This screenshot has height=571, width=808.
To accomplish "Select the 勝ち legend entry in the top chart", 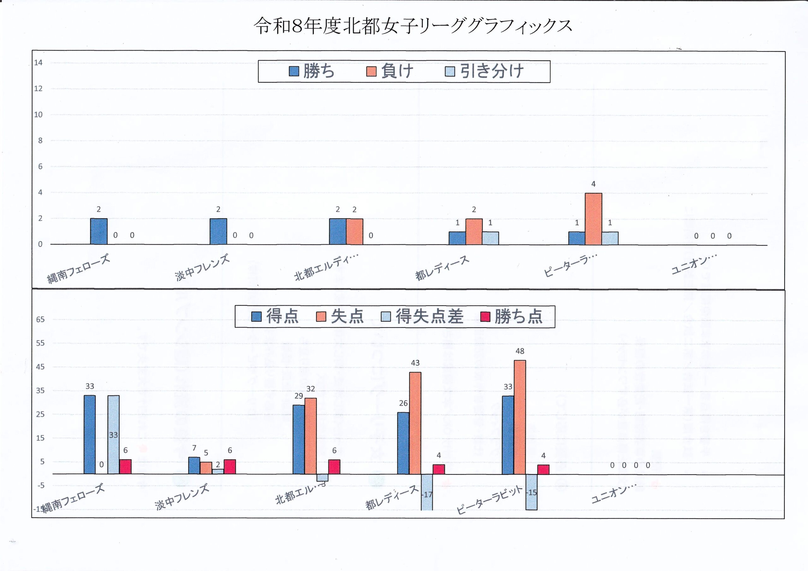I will (312, 71).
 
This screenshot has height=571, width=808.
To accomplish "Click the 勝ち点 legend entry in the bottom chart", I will (512, 316).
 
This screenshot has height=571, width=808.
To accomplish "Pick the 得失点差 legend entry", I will (423, 316).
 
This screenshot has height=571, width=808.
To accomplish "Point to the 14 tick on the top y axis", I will (38, 63).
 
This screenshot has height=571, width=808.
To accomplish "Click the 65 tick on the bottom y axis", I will (40, 320).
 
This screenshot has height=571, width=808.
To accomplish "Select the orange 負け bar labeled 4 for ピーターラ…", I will (593, 219).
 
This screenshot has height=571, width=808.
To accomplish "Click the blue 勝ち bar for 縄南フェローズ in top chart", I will (99, 231).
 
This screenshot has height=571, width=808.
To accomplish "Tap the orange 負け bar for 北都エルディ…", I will (354, 231).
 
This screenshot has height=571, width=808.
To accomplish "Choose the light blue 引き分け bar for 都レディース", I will (490, 238).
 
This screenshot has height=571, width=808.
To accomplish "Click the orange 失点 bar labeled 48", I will (520, 417).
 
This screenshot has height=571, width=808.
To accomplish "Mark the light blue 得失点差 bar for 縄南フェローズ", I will (113, 434).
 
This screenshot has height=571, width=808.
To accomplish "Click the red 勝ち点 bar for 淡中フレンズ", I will (230, 467).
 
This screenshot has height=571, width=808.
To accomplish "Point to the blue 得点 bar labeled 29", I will (299, 439).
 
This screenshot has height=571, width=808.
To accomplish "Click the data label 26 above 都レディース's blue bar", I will (403, 403).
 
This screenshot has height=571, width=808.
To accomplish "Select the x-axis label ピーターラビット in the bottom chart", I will (490, 500).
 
